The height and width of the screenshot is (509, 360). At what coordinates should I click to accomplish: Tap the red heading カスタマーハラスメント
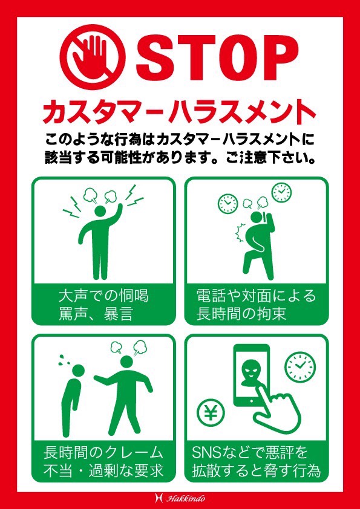point(180,111)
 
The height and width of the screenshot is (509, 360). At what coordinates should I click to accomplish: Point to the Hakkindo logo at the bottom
point(180,498)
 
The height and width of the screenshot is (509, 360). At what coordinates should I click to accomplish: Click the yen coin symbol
point(211,413)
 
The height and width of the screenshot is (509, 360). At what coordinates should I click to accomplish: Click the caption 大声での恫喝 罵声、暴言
point(103,305)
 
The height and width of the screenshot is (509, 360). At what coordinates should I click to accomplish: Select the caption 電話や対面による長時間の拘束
point(256,305)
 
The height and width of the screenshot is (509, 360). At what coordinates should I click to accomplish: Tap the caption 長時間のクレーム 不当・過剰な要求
point(103,461)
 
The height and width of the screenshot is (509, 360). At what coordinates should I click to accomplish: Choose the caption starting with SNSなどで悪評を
point(256,461)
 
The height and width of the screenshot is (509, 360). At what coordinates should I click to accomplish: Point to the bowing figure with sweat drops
point(73,394)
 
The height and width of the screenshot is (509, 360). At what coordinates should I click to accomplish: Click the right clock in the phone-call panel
point(281,192)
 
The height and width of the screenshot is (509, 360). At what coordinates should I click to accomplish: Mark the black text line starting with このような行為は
point(180,140)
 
